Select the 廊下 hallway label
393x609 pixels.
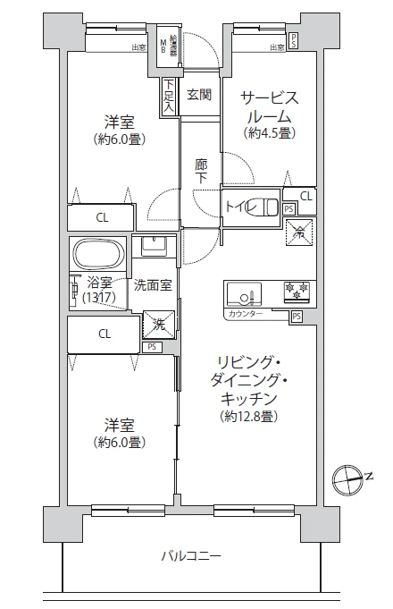tap(202, 170)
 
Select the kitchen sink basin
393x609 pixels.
tap(243, 293)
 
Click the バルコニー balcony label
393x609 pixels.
tap(190, 556)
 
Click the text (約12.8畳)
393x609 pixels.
tap(249, 416)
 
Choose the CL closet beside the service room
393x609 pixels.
tap(305, 196)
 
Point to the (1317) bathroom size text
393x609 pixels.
tap(99, 298)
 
